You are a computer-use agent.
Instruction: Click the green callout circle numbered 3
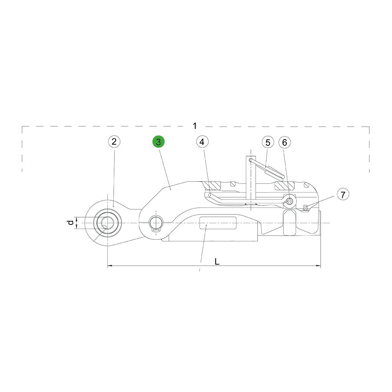click(158, 142)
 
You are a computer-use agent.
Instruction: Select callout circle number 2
click(114, 142)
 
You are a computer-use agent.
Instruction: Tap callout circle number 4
click(202, 142)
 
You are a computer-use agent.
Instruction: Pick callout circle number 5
click(268, 143)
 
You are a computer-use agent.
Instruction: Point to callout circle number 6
click(285, 142)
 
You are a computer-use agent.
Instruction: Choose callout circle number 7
click(343, 194)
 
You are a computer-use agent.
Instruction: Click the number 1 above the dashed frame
click(195, 126)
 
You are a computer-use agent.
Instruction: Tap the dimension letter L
click(217, 261)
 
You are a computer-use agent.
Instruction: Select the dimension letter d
click(71, 222)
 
